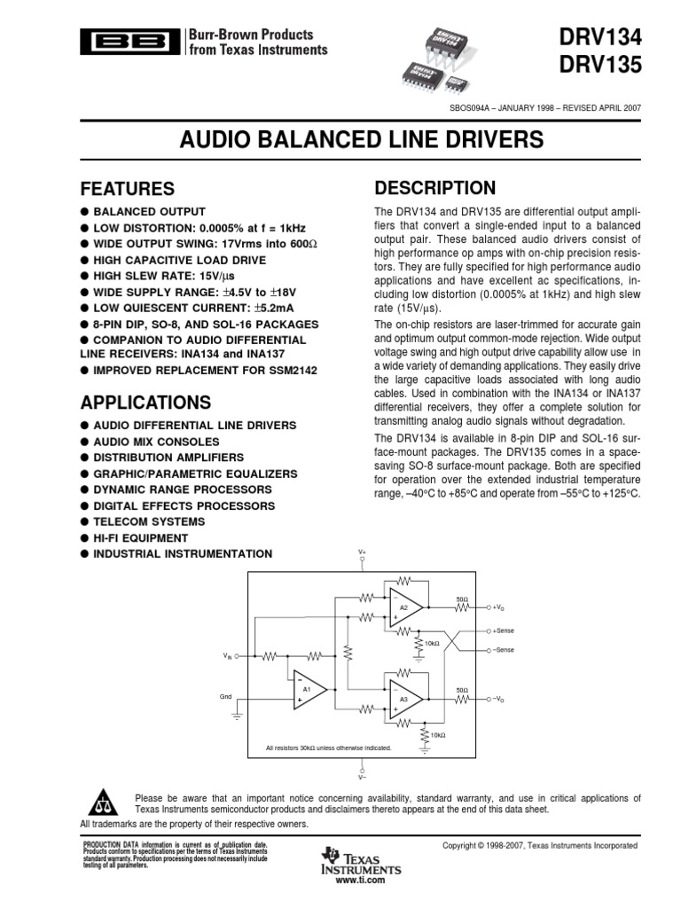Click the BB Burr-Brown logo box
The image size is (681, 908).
[x=129, y=42]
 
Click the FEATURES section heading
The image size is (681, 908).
[x=128, y=189]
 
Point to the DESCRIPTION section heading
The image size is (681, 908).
[x=434, y=187]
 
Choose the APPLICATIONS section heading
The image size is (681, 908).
[x=146, y=402]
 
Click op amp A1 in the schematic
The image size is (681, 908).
[x=309, y=689]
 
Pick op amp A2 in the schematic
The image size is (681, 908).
[x=404, y=607]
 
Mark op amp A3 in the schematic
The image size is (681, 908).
[x=404, y=699]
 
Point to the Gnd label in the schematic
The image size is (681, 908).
[x=225, y=697]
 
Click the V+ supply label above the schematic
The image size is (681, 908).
[x=362, y=552]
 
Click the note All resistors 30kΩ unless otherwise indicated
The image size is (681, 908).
[x=329, y=748]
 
